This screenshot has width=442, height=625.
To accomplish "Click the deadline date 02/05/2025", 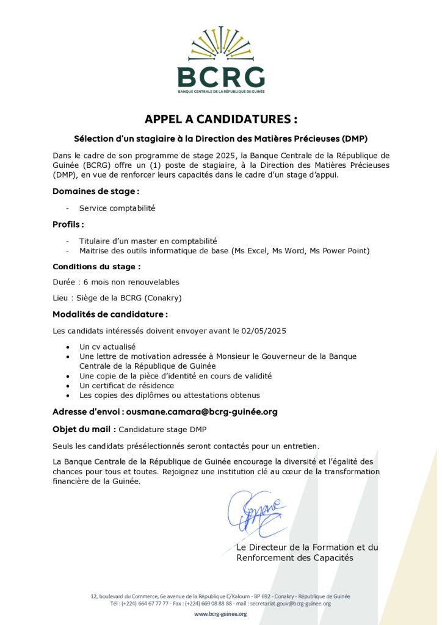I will point(263,331).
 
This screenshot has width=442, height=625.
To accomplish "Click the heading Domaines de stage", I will point(92,192).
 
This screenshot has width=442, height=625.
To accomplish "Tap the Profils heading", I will point(68,225).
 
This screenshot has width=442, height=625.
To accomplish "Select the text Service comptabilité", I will point(117,208).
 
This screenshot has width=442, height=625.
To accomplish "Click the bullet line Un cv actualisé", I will point(107,347).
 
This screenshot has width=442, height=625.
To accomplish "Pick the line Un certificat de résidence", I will point(126,386).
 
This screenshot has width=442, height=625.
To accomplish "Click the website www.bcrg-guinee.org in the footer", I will point(220,614).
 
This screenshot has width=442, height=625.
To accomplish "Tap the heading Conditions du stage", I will point(96,267).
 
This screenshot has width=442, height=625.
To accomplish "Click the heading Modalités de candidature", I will point(110,314).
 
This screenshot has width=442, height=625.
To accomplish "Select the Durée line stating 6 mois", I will point(116,282).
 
